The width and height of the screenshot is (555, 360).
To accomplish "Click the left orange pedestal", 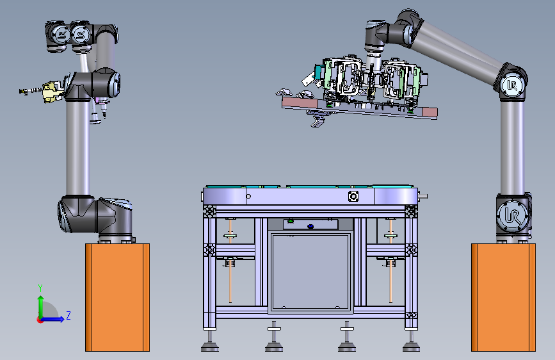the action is tap(118, 297).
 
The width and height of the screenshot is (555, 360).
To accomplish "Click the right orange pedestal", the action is tap(503, 297).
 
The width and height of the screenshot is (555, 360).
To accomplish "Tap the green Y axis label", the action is tap(40, 288).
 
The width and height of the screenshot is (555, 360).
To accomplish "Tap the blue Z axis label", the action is tap(68, 315).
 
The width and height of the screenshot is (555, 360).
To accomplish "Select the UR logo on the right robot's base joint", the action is tap(512, 216).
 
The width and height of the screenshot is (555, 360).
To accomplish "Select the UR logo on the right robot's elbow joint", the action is tap(512, 85).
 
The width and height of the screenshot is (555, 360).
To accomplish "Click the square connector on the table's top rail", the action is tap(353, 196).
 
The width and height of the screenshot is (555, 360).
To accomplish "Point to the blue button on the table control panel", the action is tap(310, 226).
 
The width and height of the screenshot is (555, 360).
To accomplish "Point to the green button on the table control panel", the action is tap(291, 222).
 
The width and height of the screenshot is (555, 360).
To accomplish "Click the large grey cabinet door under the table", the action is tap(310, 272).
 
